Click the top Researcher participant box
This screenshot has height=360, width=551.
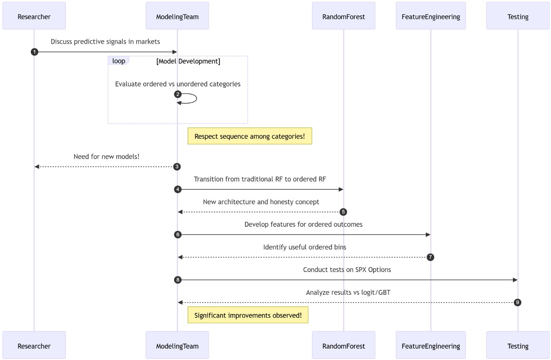tap(34, 16)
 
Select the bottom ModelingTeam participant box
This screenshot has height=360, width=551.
tap(177, 345)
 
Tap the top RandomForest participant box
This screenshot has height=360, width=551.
tap(343, 16)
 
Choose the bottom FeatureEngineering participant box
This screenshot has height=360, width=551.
tap(430, 345)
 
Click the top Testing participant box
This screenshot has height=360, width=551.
tap(518, 16)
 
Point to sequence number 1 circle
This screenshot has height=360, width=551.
tap(35, 52)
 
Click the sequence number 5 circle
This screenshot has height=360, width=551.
tap(343, 212)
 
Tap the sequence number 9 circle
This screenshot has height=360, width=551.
tap(517, 303)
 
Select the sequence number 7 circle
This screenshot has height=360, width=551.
tap(430, 257)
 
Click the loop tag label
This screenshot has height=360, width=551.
tap(119, 61)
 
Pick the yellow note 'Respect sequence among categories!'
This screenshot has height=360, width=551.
tap(249, 136)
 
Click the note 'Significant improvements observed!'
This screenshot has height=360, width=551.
tap(248, 315)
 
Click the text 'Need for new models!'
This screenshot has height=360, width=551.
tap(106, 156)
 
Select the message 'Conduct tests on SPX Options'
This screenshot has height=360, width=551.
tap(347, 269)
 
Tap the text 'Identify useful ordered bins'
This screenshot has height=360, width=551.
tap(305, 247)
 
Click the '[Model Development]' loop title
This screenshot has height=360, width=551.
tap(188, 61)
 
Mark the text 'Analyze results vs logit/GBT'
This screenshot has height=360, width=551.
tap(348, 292)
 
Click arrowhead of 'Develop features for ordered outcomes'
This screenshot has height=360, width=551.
tap(428, 235)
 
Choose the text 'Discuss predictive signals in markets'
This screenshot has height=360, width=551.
tap(105, 41)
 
